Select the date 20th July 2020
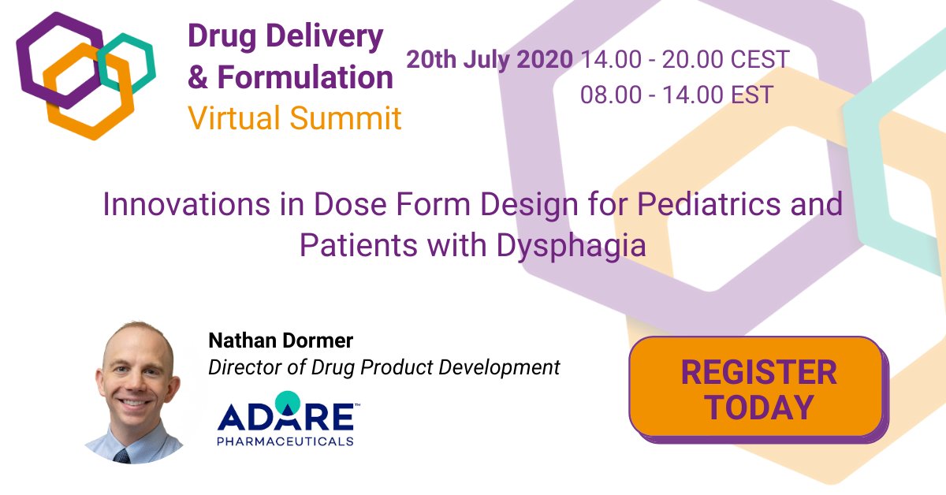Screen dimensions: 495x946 [x=490, y=60]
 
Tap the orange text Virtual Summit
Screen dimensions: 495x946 [x=294, y=118]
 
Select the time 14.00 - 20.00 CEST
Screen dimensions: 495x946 [x=685, y=60]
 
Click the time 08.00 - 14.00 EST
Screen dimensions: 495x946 [x=676, y=95]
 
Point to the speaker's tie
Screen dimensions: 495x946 [x=121, y=456]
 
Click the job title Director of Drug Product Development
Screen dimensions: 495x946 [x=384, y=367]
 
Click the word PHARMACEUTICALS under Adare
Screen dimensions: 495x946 [x=285, y=441]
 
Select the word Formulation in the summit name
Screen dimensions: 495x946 [x=304, y=77]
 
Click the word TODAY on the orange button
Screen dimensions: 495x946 [x=759, y=407]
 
